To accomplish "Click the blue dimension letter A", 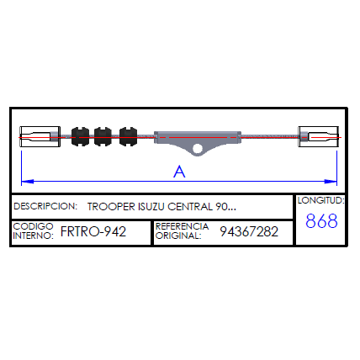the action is point(179,172).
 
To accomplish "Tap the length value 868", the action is point(321,221).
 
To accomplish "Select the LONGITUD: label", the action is point(321,200).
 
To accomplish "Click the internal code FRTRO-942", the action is point(93,231).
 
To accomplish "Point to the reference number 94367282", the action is point(249,231).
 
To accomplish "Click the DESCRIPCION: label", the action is point(45,206).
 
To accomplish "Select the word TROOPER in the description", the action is point(111,207).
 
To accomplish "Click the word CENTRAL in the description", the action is point(190,207).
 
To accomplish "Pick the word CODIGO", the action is point(33,226).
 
